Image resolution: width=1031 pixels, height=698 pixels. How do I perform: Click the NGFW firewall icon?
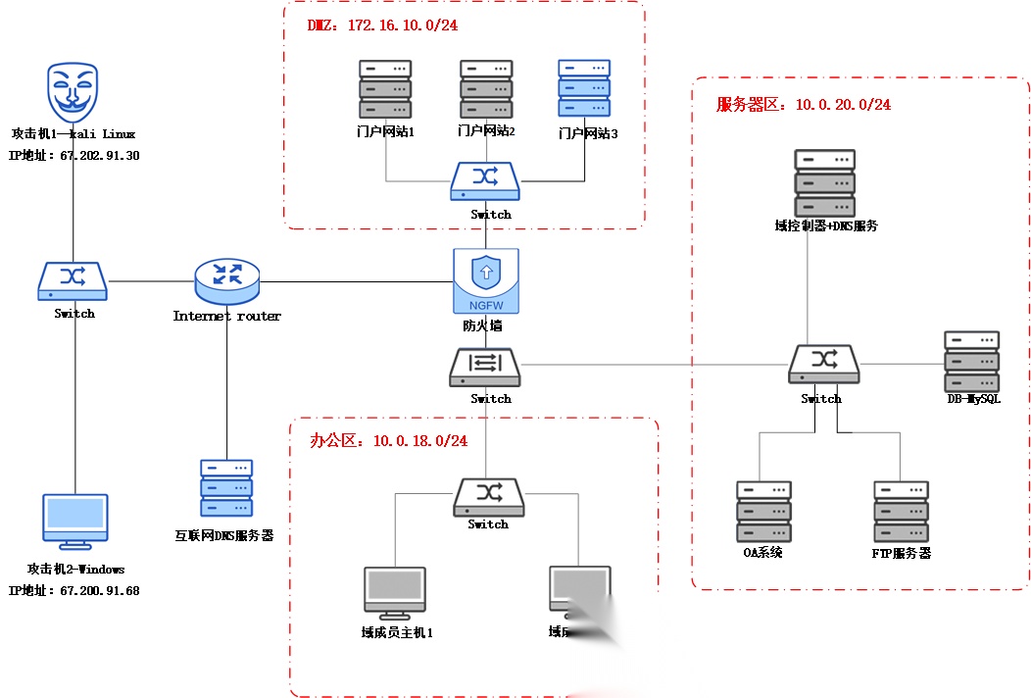click(485, 280)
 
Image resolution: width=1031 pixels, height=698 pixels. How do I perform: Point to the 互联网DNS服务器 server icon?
click(226, 488)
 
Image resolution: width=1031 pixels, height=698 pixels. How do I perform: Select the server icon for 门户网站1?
click(385, 89)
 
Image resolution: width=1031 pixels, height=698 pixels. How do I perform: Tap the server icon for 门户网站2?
click(486, 89)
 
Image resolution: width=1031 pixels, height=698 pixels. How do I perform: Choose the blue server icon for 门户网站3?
click(584, 89)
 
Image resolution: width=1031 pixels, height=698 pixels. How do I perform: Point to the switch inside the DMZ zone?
click(486, 180)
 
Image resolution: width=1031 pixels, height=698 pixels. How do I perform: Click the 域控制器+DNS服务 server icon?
click(824, 183)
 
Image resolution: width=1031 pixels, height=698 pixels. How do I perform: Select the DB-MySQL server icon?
click(972, 362)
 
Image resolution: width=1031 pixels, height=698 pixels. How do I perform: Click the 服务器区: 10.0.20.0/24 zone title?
click(804, 104)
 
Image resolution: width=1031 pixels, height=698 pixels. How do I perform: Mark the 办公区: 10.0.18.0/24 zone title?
click(389, 440)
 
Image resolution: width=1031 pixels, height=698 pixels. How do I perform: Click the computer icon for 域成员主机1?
click(396, 593)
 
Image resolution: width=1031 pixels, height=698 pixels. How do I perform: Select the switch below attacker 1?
click(74, 281)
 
